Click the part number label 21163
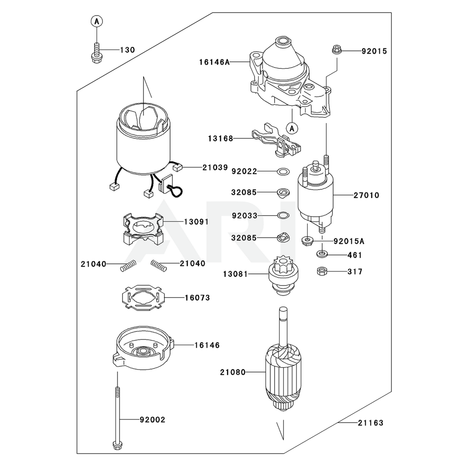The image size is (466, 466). (x=370, y=423)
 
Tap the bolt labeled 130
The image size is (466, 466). (x=96, y=52)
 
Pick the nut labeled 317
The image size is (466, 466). (x=321, y=271)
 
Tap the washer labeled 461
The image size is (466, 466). (x=322, y=254)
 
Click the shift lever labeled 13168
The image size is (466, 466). (x=275, y=139)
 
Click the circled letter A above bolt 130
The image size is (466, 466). (x=96, y=21)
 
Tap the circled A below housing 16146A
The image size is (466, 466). (x=292, y=127)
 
